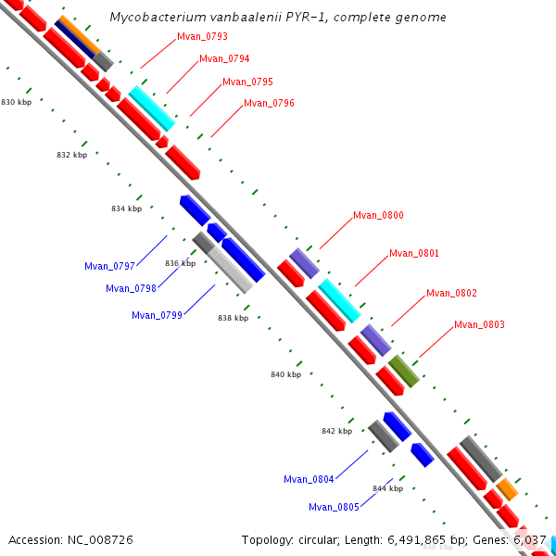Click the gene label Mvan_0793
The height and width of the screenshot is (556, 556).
point(202,37)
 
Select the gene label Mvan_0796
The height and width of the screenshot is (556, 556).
point(269,103)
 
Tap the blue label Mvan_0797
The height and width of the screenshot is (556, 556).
point(109,267)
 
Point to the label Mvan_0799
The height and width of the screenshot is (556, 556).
point(157,315)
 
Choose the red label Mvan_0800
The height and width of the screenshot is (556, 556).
point(378,216)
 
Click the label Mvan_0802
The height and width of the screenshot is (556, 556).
point(451,294)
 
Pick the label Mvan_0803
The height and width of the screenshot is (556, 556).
point(479,325)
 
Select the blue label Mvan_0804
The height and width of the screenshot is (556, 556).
point(309,480)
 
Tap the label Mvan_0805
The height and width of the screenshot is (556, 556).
point(334,507)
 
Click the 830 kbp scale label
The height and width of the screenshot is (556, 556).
point(17,102)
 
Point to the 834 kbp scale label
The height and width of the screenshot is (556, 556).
point(126,208)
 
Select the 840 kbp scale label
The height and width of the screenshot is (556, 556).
point(285,374)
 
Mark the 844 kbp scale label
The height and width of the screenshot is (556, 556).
point(387,488)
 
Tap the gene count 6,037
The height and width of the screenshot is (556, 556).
point(529,539)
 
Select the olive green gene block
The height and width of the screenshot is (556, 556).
point(403,371)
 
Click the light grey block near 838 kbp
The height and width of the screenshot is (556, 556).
point(231,270)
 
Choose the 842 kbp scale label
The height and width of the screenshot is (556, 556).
point(336,432)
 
